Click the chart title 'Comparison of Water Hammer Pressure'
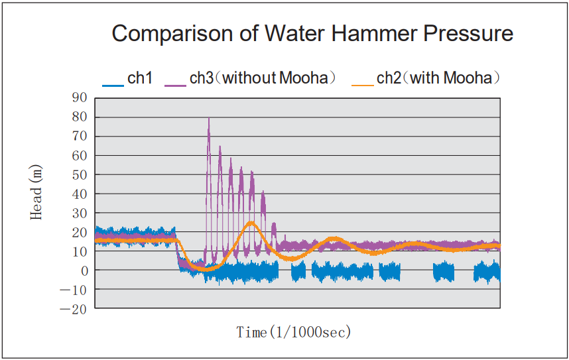(312, 33)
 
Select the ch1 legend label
(140, 78)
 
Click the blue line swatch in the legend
(113, 84)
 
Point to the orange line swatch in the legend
(363, 84)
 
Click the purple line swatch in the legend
(175, 84)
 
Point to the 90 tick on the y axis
(81, 98)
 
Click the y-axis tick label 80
(81, 117)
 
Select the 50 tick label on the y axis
(81, 175)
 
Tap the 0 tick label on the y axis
(84, 270)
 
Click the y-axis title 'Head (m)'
(38, 194)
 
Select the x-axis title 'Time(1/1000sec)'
(294, 332)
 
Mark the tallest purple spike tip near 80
(209, 119)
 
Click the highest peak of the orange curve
(251, 223)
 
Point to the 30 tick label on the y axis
(81, 213)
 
